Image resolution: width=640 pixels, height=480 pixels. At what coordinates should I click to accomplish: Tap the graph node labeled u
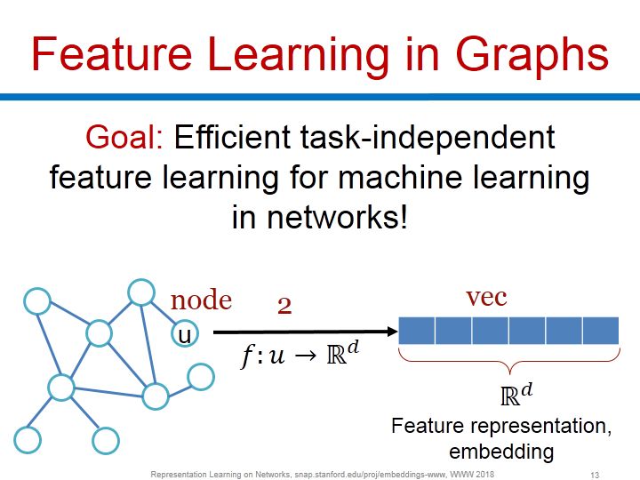click(x=185, y=333)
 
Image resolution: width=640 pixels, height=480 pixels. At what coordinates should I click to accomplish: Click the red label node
click(x=201, y=300)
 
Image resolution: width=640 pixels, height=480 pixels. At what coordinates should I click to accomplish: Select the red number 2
click(x=284, y=306)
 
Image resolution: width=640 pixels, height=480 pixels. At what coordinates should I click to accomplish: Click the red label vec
click(x=486, y=297)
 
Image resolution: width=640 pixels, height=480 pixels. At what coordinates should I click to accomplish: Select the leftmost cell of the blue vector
click(x=417, y=331)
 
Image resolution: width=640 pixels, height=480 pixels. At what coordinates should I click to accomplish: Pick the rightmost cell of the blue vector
click(x=600, y=331)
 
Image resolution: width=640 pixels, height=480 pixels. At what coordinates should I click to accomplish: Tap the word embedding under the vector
click(x=501, y=451)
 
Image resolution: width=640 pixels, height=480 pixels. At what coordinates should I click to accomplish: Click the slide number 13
click(x=596, y=475)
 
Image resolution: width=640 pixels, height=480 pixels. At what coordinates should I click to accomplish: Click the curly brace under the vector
click(x=508, y=361)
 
